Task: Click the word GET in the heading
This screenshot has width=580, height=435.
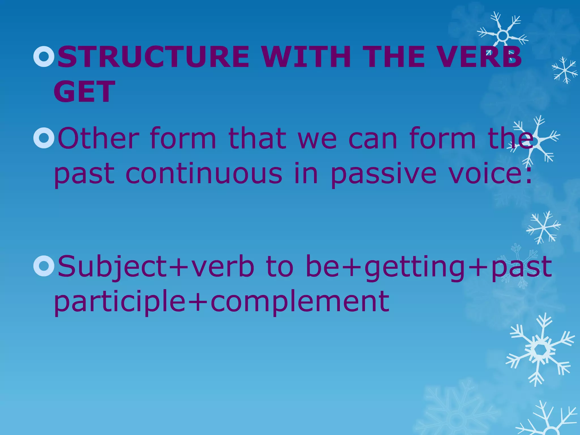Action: tap(84, 91)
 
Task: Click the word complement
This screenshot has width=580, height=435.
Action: tap(300, 302)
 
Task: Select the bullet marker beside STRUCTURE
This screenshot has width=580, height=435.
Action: tap(44, 57)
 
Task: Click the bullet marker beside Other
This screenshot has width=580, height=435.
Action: tap(44, 138)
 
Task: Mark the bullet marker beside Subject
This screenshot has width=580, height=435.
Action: tap(44, 266)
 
